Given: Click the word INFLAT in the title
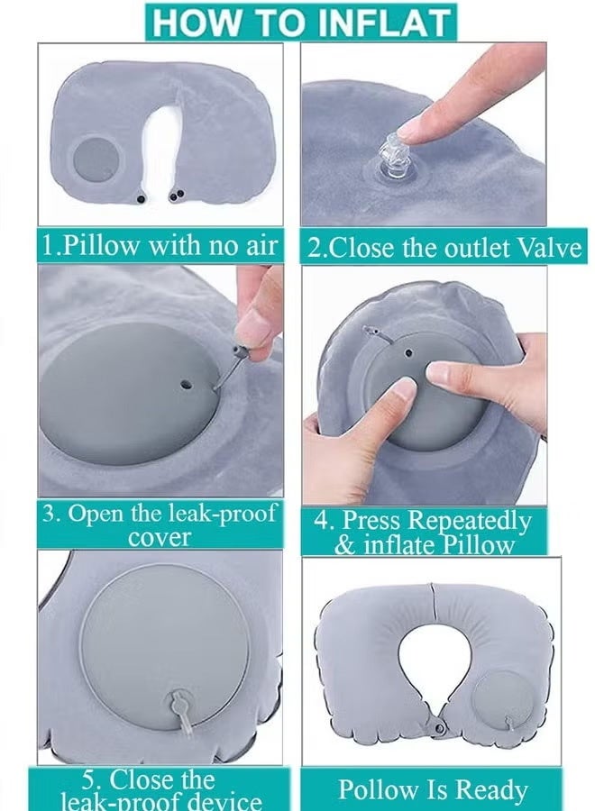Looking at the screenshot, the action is [x=383, y=23].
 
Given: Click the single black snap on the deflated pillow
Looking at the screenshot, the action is [x=141, y=198].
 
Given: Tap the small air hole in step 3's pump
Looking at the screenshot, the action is [x=186, y=385].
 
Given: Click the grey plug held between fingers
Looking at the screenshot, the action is [x=240, y=352].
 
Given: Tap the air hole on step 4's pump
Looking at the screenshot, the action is [x=408, y=353].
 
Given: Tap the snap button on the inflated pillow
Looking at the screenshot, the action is [x=439, y=729].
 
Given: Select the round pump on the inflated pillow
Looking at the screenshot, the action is [x=501, y=698].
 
